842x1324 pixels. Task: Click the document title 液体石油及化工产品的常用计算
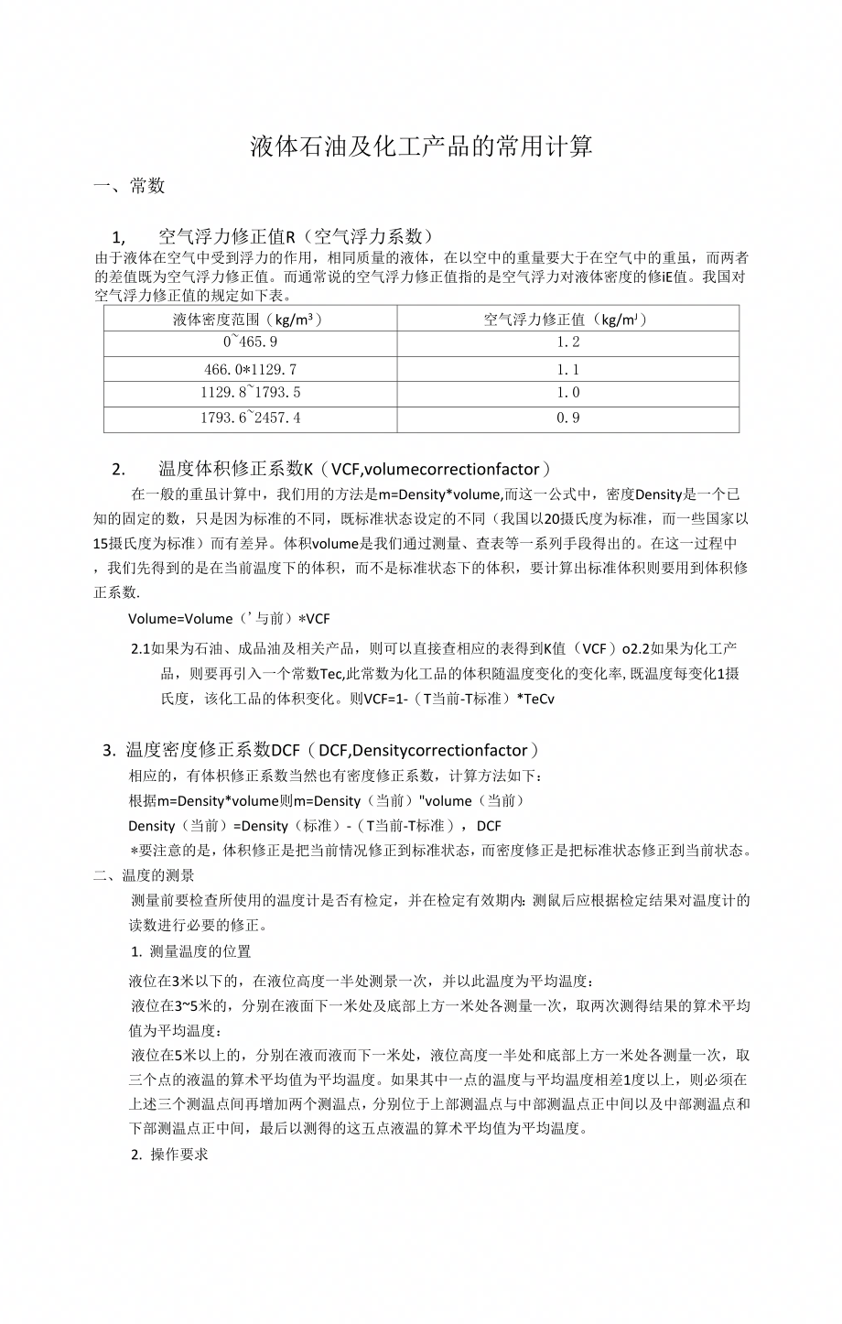421,147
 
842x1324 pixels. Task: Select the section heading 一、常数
130,186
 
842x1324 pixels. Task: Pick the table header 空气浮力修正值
567,320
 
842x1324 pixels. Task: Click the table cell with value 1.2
567,342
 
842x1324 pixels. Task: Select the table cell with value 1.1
567,370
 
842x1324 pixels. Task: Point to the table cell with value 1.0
567,393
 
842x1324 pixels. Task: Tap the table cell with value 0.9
567,418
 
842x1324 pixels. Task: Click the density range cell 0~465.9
250,342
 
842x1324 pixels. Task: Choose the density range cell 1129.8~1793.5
250,393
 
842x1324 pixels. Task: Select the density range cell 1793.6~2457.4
250,418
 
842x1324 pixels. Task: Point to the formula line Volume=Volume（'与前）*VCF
229,618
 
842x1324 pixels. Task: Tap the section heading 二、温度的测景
144,875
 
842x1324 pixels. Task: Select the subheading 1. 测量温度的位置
191,951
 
